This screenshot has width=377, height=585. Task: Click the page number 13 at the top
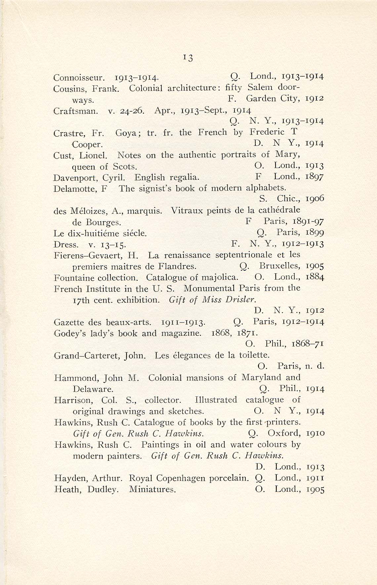188,58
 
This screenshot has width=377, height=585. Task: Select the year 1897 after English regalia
314,177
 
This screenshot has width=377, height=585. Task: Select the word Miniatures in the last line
152,489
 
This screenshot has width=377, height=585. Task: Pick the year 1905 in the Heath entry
315,489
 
